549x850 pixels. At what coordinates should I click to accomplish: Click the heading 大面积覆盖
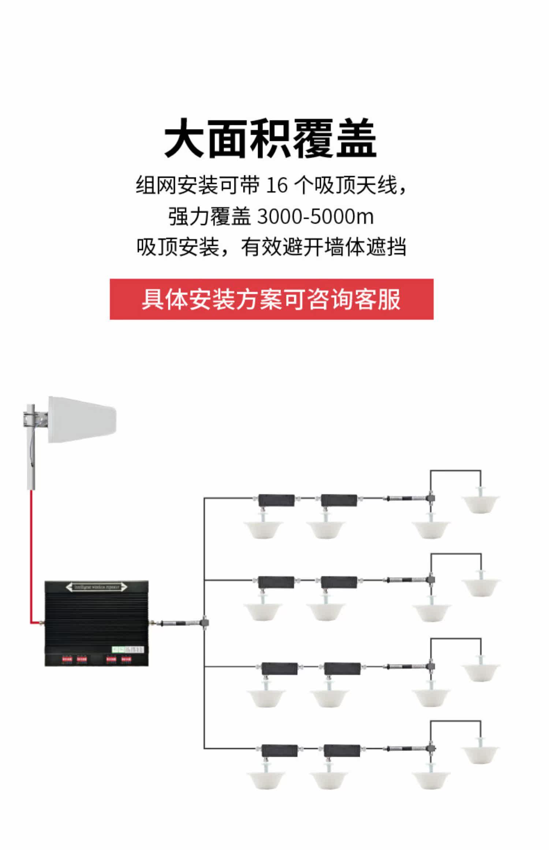coord(270,138)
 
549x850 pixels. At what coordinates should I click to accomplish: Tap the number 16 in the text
coord(277,186)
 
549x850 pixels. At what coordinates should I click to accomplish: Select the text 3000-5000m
coord(315,217)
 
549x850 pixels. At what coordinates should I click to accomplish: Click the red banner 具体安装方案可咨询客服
coord(272,299)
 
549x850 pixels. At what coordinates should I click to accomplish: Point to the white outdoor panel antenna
coord(82,420)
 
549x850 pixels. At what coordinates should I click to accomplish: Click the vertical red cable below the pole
coord(31,549)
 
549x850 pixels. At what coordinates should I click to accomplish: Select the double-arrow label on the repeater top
coord(97,588)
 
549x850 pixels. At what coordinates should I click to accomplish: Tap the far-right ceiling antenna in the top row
coord(481,503)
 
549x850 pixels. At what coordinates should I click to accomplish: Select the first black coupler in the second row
coord(276,582)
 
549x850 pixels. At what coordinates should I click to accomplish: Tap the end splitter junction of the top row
coord(431,498)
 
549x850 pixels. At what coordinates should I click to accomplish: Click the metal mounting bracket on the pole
coord(36,420)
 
